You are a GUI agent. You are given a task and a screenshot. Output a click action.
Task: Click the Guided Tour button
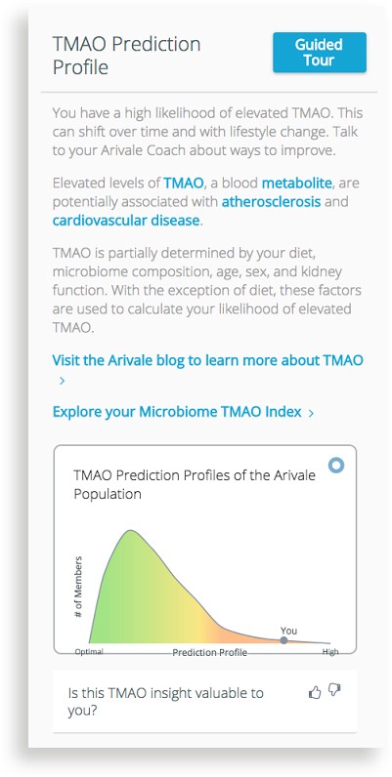[319, 53]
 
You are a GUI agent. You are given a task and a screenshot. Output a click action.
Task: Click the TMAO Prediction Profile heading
[126, 56]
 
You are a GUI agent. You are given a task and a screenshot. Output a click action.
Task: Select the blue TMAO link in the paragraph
[184, 184]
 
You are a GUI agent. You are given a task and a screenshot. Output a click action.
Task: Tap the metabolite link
[297, 184]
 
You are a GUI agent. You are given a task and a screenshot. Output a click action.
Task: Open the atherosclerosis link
[271, 202]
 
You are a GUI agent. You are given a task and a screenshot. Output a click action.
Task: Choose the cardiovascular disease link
[126, 221]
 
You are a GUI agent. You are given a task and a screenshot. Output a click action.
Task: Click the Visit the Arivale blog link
[207, 360]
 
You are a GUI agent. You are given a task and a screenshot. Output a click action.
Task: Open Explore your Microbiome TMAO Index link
[177, 412]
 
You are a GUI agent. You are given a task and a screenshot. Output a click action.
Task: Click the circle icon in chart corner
[336, 466]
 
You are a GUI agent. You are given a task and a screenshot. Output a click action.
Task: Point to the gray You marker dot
[283, 640]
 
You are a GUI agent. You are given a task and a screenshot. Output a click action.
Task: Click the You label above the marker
[288, 631]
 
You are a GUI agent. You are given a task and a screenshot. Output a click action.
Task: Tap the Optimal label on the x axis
[89, 652]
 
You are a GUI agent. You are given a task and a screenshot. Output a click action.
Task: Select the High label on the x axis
[330, 652]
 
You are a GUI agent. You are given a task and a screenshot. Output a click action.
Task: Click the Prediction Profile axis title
[209, 652]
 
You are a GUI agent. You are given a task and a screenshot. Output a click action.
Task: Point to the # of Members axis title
[78, 587]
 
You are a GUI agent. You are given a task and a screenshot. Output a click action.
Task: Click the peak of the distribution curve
[130, 530]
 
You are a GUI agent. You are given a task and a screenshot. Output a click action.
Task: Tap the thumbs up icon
[315, 692]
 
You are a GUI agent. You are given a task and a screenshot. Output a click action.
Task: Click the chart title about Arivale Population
[194, 484]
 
